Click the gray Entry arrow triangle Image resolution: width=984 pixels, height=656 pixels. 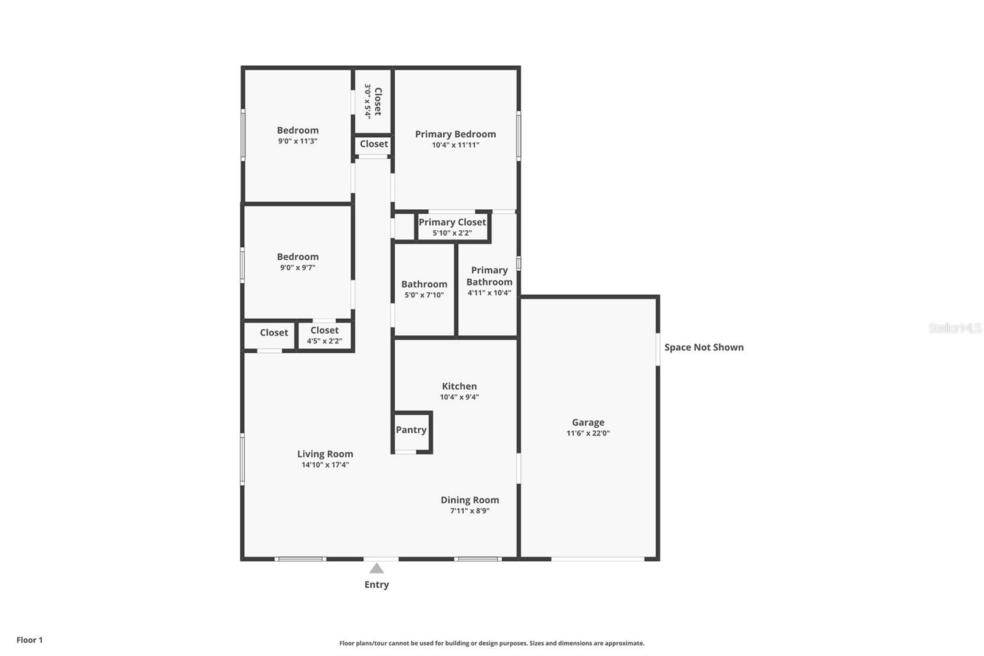(x=376, y=569)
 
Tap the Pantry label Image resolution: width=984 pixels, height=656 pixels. (x=411, y=430)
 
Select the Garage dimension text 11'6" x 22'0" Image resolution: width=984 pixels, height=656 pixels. (x=588, y=433)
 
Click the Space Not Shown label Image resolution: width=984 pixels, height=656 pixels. (x=704, y=347)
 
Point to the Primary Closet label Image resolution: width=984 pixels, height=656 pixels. (x=452, y=223)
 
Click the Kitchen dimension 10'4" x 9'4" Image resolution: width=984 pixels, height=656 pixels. (x=459, y=397)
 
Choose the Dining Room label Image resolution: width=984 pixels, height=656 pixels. (x=470, y=500)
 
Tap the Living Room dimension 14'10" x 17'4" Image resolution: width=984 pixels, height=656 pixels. (x=325, y=465)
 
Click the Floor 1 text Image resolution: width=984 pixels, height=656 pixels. (x=30, y=640)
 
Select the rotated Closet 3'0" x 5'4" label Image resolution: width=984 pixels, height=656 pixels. (x=373, y=101)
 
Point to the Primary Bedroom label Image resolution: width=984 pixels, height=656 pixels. (x=456, y=134)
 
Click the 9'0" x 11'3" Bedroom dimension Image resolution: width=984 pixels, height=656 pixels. (x=298, y=141)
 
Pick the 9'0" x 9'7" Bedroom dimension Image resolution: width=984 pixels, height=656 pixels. (x=298, y=268)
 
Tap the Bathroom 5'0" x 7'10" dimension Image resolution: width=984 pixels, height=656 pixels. (x=424, y=295)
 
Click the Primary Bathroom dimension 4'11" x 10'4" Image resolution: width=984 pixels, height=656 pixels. (x=490, y=293)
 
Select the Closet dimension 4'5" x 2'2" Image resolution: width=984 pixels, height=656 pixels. (x=325, y=341)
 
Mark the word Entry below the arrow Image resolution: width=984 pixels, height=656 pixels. (x=376, y=585)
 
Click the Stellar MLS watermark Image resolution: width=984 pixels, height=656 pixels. (x=955, y=328)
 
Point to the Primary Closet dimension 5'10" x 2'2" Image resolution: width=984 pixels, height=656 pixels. (x=453, y=233)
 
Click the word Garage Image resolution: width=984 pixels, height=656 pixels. (x=588, y=423)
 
